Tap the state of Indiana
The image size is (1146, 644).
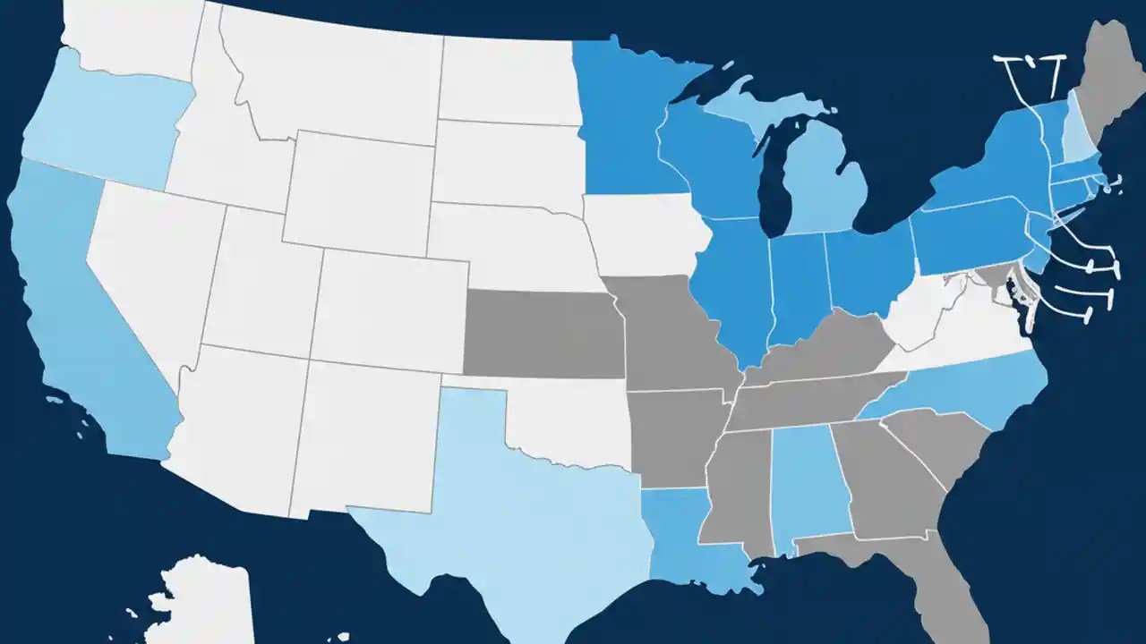797,286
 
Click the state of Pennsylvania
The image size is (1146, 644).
967,237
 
